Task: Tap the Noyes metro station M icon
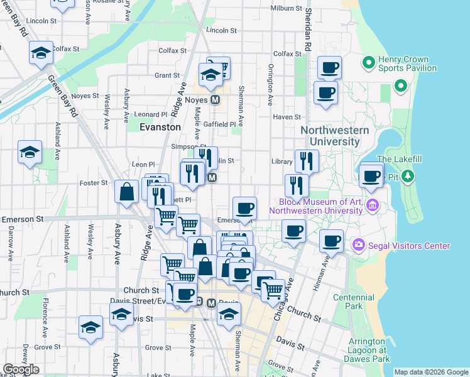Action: [x=216, y=100]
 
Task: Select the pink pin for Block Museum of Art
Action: [x=373, y=205]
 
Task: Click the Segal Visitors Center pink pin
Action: [x=359, y=244]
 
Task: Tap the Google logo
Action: [x=21, y=369]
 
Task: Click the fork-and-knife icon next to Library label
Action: [x=307, y=160]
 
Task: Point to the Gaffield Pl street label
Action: [x=223, y=124]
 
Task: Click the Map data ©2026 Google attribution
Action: [x=431, y=372]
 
